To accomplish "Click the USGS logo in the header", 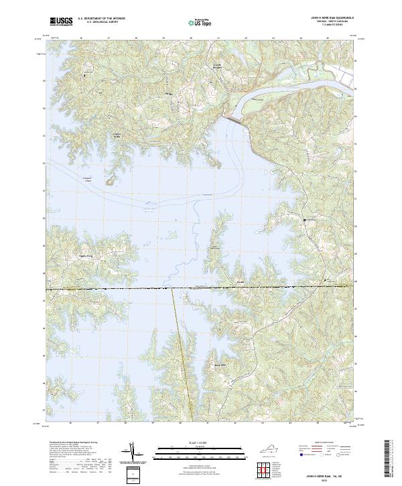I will coord(61,21).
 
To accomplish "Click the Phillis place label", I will coord(169,93).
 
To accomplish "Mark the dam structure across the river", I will coord(234,120).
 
